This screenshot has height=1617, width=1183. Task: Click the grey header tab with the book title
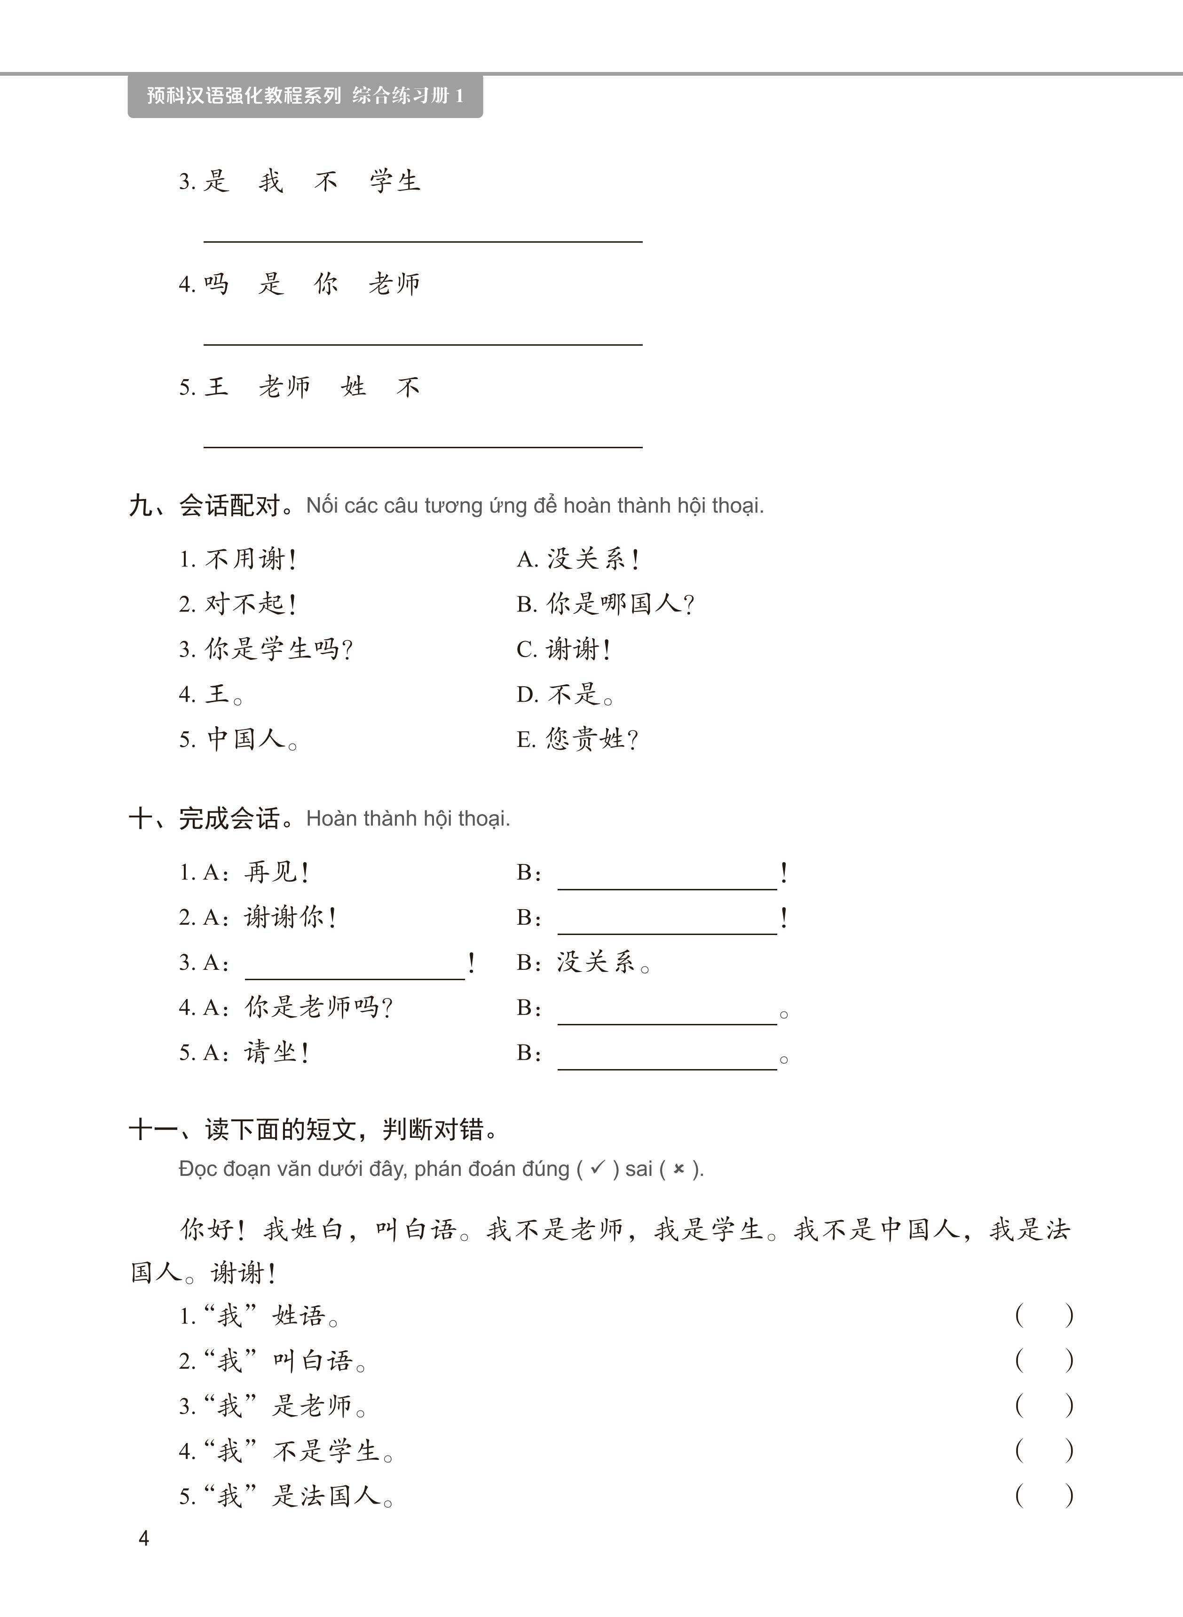click(305, 95)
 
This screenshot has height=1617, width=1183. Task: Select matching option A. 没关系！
click(579, 559)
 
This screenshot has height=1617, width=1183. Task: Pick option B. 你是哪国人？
click(605, 604)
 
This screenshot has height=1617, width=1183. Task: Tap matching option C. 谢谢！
click(564, 650)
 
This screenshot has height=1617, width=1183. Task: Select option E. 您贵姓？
click(578, 739)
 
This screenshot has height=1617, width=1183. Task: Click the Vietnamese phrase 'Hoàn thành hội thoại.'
click(408, 818)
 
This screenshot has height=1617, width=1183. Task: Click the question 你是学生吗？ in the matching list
click(278, 650)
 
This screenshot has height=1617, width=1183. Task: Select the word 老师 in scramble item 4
click(394, 284)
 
